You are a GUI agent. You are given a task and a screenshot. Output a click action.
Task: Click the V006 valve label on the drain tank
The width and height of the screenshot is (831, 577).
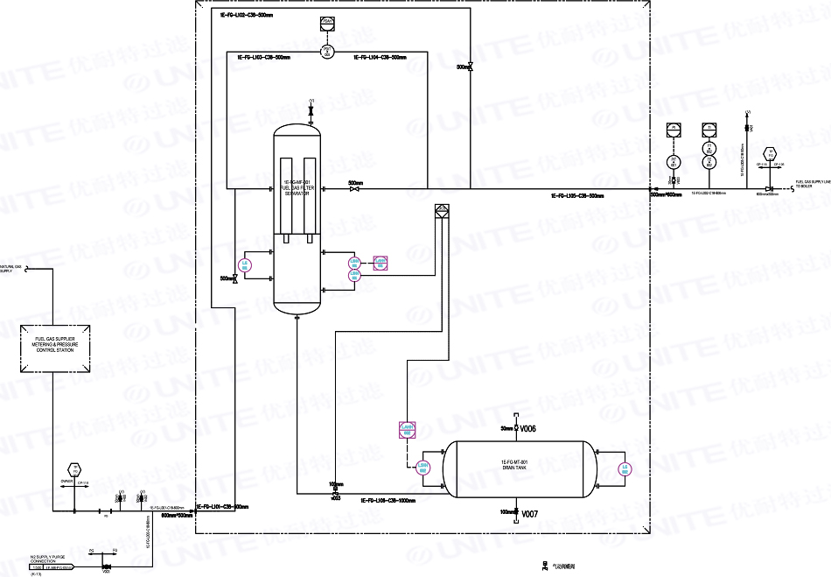click(527, 429)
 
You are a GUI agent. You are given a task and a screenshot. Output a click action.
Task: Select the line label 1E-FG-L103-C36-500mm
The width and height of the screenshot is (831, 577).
click(264, 58)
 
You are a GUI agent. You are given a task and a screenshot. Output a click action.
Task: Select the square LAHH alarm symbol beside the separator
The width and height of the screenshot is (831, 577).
click(380, 262)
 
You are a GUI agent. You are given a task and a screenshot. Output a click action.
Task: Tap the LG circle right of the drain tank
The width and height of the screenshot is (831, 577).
click(625, 468)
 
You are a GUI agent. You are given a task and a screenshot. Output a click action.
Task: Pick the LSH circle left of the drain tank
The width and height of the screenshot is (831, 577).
click(422, 468)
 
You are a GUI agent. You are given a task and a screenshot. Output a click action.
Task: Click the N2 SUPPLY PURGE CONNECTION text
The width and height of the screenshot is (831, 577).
click(49, 559)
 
